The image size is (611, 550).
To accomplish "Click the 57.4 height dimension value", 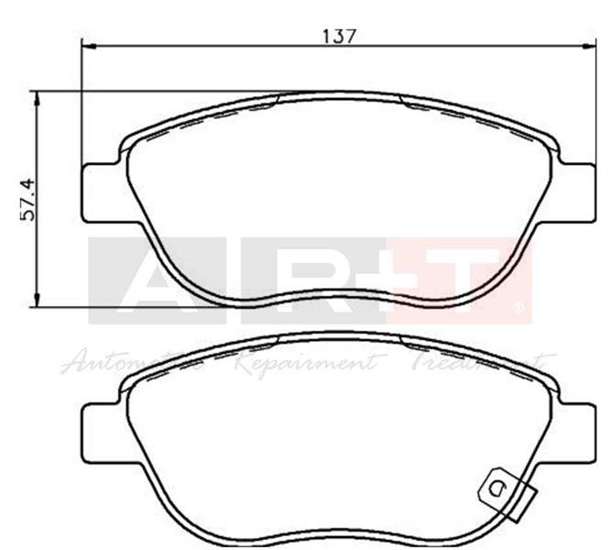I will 27,199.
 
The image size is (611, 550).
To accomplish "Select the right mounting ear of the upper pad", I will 575,192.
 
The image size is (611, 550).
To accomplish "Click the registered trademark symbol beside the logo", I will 520,308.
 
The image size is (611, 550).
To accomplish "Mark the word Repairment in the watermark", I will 302,362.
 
